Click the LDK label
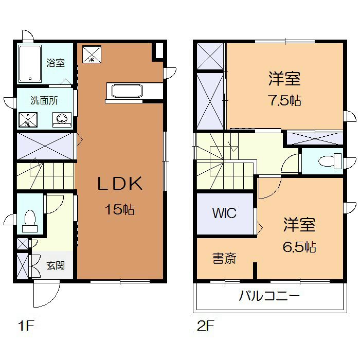[120, 183]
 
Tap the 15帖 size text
[120, 209]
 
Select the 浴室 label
[56, 63]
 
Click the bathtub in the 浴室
[30, 64]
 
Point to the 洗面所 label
[44, 101]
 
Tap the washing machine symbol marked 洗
[28, 119]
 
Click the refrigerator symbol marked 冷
[92, 54]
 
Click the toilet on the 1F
[30, 221]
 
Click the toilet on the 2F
[330, 161]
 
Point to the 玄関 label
[56, 266]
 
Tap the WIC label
[224, 213]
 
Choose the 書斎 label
[224, 258]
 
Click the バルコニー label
[269, 296]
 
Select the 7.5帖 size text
[285, 101]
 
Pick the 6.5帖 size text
[299, 247]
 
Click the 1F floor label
[26, 326]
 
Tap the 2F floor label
[205, 326]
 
